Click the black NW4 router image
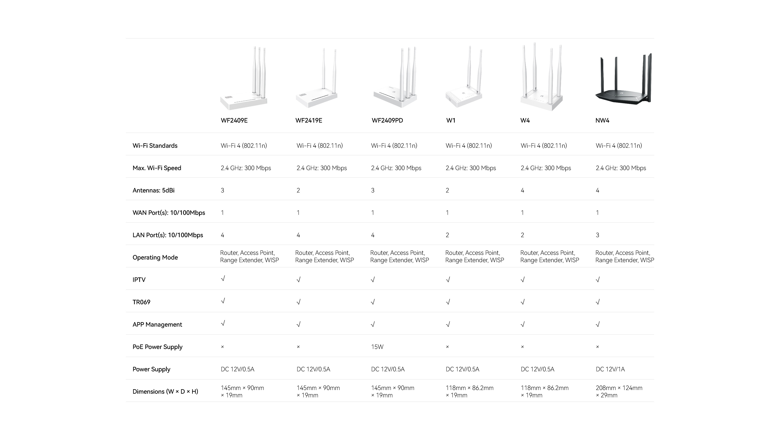point(623,79)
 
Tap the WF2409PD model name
point(387,121)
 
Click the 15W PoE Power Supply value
point(377,347)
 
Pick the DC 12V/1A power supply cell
point(610,369)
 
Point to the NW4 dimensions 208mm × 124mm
point(619,388)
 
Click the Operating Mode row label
point(155,258)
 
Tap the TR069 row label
point(141,302)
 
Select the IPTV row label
point(139,280)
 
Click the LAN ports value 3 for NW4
point(597,235)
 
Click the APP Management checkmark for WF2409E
point(223,324)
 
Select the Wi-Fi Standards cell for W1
point(469,146)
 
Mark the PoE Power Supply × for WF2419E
point(298,347)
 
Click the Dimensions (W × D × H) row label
point(165,392)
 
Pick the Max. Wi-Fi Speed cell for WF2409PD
point(396,168)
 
